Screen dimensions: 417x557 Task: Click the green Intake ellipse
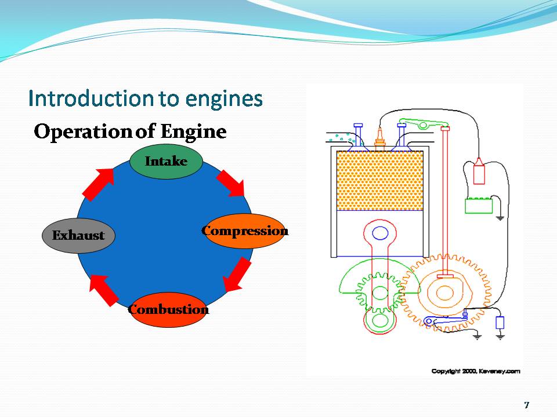[x=166, y=161]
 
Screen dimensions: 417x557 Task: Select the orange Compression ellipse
[x=245, y=231]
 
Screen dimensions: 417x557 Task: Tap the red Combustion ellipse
[x=168, y=309]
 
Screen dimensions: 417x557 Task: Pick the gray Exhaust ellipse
[x=78, y=236]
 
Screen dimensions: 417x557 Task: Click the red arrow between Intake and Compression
[x=231, y=184]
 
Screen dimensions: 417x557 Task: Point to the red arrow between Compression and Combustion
[x=237, y=275]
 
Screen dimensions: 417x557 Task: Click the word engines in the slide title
[x=225, y=98]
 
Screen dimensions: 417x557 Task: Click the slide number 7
[x=526, y=404]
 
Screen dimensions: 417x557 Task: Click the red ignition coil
[x=479, y=171]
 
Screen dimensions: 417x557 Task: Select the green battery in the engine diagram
[x=479, y=206]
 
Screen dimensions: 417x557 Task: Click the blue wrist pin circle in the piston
[x=380, y=233]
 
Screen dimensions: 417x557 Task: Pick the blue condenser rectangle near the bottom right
[x=500, y=323]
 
